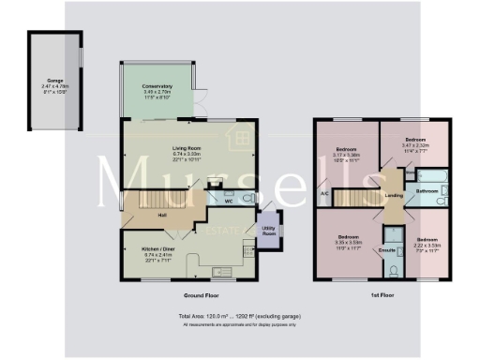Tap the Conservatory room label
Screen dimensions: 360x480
(157, 86)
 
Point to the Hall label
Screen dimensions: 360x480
(162, 216)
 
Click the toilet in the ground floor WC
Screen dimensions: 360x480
(246, 198)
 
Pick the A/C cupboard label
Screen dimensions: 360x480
(323, 194)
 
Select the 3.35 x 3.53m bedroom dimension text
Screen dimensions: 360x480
(348, 241)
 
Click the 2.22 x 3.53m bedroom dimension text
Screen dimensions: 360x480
(427, 246)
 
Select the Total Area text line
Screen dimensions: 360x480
(239, 317)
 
